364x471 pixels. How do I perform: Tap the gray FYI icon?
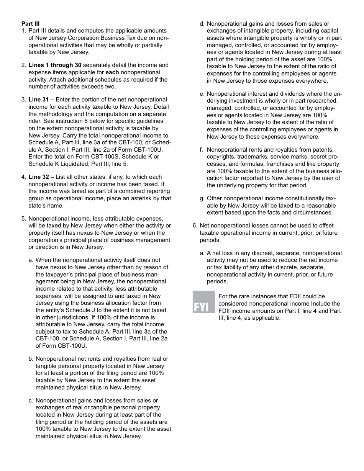point(203,302)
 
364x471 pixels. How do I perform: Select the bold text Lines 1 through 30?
point(55,65)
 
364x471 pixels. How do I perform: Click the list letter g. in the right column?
point(202,198)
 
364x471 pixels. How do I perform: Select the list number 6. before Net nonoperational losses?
point(195,226)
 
